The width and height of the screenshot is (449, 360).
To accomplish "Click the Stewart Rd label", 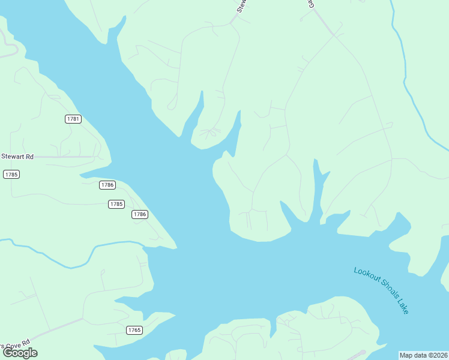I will [17, 157].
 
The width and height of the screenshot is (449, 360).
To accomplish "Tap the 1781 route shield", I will [73, 119].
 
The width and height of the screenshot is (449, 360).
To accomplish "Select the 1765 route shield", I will [134, 330].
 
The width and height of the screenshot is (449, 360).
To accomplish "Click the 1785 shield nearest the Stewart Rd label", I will [11, 174].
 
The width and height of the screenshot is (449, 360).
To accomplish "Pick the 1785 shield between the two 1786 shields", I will [116, 204].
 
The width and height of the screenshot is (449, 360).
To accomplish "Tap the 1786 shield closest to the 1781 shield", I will [107, 185].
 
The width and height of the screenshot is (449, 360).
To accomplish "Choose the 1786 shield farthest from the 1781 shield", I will [140, 214].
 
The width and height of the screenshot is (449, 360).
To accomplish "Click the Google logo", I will [20, 353].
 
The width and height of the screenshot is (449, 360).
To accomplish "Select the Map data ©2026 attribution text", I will [423, 355].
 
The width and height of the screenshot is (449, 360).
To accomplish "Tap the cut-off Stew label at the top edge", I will [242, 6].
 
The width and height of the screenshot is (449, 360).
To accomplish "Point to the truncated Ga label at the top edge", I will [312, 4].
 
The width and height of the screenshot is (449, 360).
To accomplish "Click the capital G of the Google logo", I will [8, 353].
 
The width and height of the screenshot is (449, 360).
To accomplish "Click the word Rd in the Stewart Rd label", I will [29, 157].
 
